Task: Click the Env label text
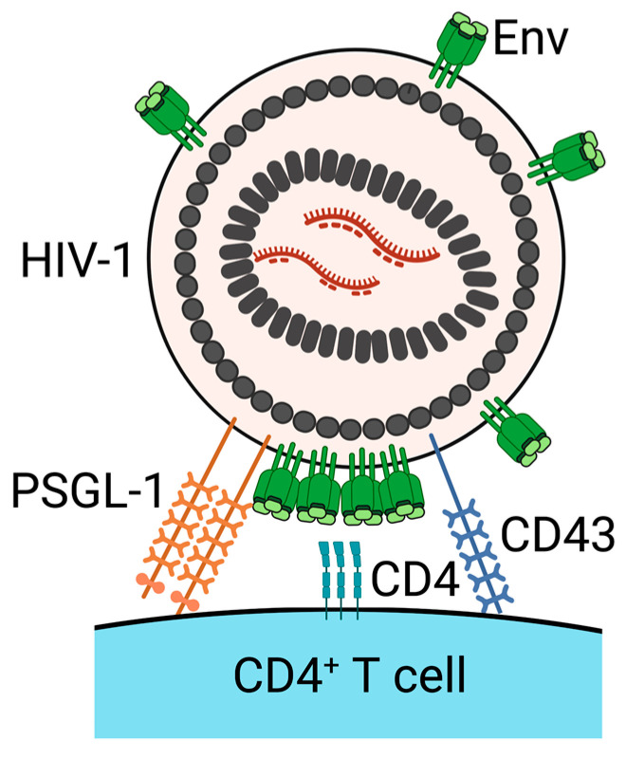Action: tap(529, 40)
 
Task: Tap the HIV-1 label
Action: tap(77, 260)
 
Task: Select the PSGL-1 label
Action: tap(87, 490)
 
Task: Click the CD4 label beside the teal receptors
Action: tap(414, 578)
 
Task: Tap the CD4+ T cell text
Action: tap(349, 674)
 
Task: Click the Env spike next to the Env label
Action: tap(457, 48)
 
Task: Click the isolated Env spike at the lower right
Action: tap(516, 432)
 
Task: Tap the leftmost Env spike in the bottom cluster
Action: tap(277, 484)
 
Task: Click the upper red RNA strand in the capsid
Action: tap(371, 236)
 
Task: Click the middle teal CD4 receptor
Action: tap(341, 580)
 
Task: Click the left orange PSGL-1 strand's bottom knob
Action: tap(150, 583)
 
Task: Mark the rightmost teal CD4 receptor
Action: tap(357, 580)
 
